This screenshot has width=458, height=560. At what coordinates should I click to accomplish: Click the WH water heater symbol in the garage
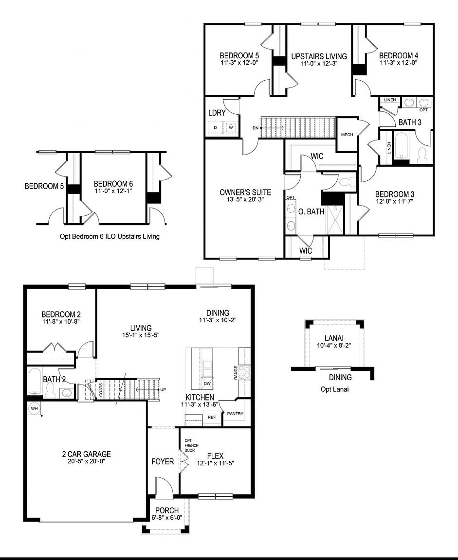pos(34,408)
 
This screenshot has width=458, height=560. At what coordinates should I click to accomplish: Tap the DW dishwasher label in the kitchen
pos(207,384)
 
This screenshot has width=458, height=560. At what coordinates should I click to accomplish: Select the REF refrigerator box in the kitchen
pos(212,417)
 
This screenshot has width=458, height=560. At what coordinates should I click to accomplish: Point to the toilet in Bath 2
pos(50,390)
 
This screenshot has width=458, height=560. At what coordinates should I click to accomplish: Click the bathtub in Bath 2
pos(34,382)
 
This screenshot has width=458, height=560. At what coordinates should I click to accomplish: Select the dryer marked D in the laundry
pos(215,128)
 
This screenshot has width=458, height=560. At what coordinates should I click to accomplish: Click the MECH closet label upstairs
pos(347,135)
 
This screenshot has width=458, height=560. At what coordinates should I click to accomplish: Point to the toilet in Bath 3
pos(422,155)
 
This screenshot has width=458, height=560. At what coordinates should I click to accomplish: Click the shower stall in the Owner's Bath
pos(335,219)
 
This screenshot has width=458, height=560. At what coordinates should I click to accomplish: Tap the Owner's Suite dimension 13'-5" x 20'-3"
pos(245,199)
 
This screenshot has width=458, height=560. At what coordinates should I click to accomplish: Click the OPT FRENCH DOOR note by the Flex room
pos(189,445)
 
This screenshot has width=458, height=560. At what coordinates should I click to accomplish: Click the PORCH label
pos(166,510)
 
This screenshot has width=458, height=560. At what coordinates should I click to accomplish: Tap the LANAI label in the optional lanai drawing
pos(334,338)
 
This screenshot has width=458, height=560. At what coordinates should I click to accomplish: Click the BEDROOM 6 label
pos(113,184)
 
